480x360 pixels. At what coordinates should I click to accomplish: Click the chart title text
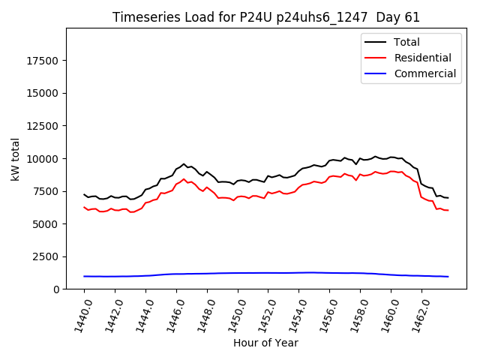tap(266, 17)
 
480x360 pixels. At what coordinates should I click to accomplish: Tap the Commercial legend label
tap(424, 73)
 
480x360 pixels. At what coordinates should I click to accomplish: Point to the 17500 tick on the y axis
tap(43, 61)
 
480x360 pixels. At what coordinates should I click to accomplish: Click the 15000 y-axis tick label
tap(43, 93)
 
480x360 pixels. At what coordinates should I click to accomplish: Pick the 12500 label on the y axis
tap(43, 126)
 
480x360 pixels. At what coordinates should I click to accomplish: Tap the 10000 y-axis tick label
tap(43, 158)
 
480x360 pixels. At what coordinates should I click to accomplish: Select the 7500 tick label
tap(46, 191)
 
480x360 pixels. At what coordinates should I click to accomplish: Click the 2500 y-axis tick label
tap(46, 256)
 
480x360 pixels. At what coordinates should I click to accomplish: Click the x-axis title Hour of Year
tap(265, 343)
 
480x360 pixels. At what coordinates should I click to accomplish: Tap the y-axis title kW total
tap(15, 158)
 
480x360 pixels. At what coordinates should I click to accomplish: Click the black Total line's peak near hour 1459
tap(376, 156)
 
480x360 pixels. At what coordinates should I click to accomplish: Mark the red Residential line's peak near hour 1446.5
tap(184, 178)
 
